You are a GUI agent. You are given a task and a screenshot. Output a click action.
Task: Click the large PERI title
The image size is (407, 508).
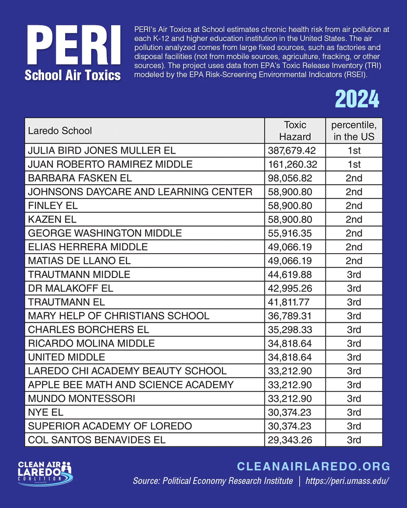coord(74,45)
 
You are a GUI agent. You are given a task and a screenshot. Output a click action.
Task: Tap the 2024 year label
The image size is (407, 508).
coord(357,99)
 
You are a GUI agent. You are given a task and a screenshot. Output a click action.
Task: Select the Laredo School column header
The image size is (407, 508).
coord(60,131)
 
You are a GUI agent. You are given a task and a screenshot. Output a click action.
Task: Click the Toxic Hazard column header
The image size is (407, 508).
coord(295,131)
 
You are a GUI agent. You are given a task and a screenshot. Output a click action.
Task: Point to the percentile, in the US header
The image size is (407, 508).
coord(354,131)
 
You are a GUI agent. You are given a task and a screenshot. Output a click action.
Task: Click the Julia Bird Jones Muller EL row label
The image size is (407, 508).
coord(102,151)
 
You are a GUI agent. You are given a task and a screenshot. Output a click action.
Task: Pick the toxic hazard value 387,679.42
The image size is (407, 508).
coord(292,151)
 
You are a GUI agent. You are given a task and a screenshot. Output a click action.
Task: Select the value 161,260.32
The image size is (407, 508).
coord(292,164)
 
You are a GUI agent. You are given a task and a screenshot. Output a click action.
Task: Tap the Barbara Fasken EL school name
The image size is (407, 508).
coord(80,178)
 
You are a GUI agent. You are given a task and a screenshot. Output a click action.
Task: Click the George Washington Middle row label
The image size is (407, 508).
coord(105,233)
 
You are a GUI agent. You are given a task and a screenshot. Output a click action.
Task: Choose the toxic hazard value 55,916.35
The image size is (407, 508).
coord(290,233)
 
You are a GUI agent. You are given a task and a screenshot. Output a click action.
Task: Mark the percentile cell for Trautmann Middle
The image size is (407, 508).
coord(354,275)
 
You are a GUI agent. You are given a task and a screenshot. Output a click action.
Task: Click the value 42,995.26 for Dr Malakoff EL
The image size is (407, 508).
coord(290,288)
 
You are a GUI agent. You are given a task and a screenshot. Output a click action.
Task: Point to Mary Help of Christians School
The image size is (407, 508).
coord(118,316)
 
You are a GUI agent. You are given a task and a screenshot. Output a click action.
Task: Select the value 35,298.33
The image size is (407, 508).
coord(290,330)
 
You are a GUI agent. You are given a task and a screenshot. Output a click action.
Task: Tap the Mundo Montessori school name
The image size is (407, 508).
coord(81,398)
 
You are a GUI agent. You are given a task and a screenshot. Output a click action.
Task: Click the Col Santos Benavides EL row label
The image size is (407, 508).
coord(96,440)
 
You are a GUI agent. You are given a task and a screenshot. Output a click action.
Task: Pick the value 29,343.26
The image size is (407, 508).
coord(290,440)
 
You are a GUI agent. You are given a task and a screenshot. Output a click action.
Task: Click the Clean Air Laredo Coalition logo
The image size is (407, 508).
coord(45,473)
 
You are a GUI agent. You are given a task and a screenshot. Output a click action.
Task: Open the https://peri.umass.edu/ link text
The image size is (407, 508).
coord(347,481)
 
